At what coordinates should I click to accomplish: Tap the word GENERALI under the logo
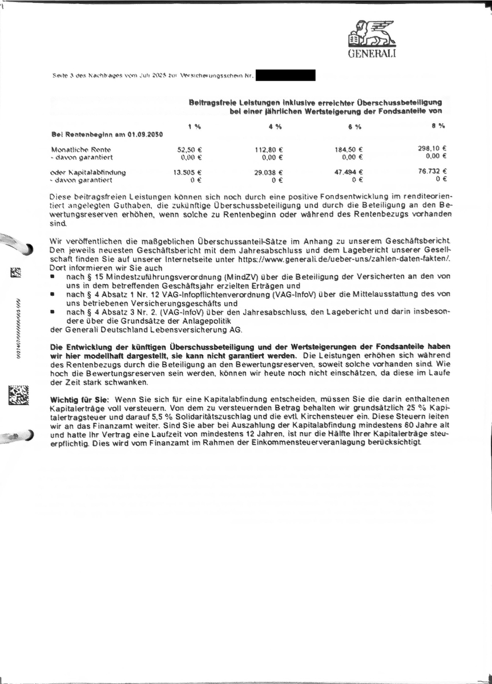click(372, 54)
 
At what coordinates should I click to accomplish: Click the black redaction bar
click(285, 75)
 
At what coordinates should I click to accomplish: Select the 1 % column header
click(194, 126)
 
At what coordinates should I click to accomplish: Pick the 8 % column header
click(438, 126)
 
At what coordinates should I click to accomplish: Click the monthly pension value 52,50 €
click(191, 149)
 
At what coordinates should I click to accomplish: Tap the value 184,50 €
click(349, 149)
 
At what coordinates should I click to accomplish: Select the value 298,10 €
click(432, 148)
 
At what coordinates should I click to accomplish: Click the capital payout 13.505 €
click(188, 172)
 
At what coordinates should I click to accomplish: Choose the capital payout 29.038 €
click(269, 172)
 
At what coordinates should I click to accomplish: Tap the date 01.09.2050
click(142, 135)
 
